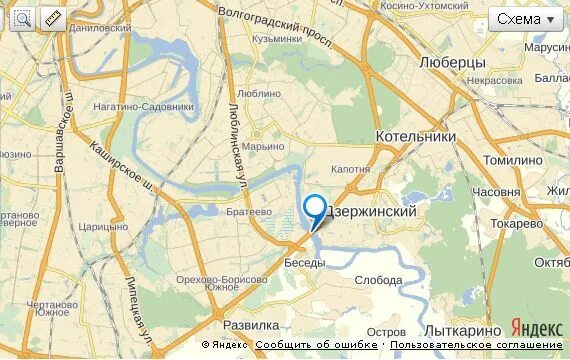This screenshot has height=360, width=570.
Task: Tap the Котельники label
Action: point(415,136)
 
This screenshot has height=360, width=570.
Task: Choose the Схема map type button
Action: point(526,19)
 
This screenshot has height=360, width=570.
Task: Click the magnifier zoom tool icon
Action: point(22,18)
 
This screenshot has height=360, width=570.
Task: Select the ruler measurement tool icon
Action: point(52,18)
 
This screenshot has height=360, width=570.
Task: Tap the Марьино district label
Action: point(264,147)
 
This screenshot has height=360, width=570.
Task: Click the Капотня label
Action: point(351,169)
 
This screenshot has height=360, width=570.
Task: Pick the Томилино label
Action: point(512,159)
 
